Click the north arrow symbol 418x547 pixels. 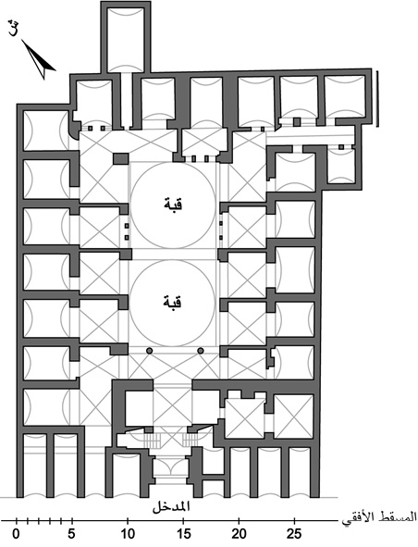tap(39, 59)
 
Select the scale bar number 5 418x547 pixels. tap(72, 533)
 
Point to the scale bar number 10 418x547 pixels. tap(128, 533)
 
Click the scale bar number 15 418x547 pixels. tap(183, 533)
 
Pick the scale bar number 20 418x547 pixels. tap(239, 533)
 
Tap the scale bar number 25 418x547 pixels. tap(295, 533)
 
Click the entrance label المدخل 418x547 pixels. tap(171, 507)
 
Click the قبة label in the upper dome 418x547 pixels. tap(173, 205)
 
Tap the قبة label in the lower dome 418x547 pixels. tap(173, 302)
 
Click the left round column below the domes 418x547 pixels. tap(150, 351)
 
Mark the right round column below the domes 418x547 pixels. tap(201, 351)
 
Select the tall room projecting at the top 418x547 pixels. tap(126, 37)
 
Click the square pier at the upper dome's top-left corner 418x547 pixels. tap(121, 159)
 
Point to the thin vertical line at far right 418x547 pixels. tap(377, 98)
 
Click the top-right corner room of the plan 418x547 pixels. tap(344, 96)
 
